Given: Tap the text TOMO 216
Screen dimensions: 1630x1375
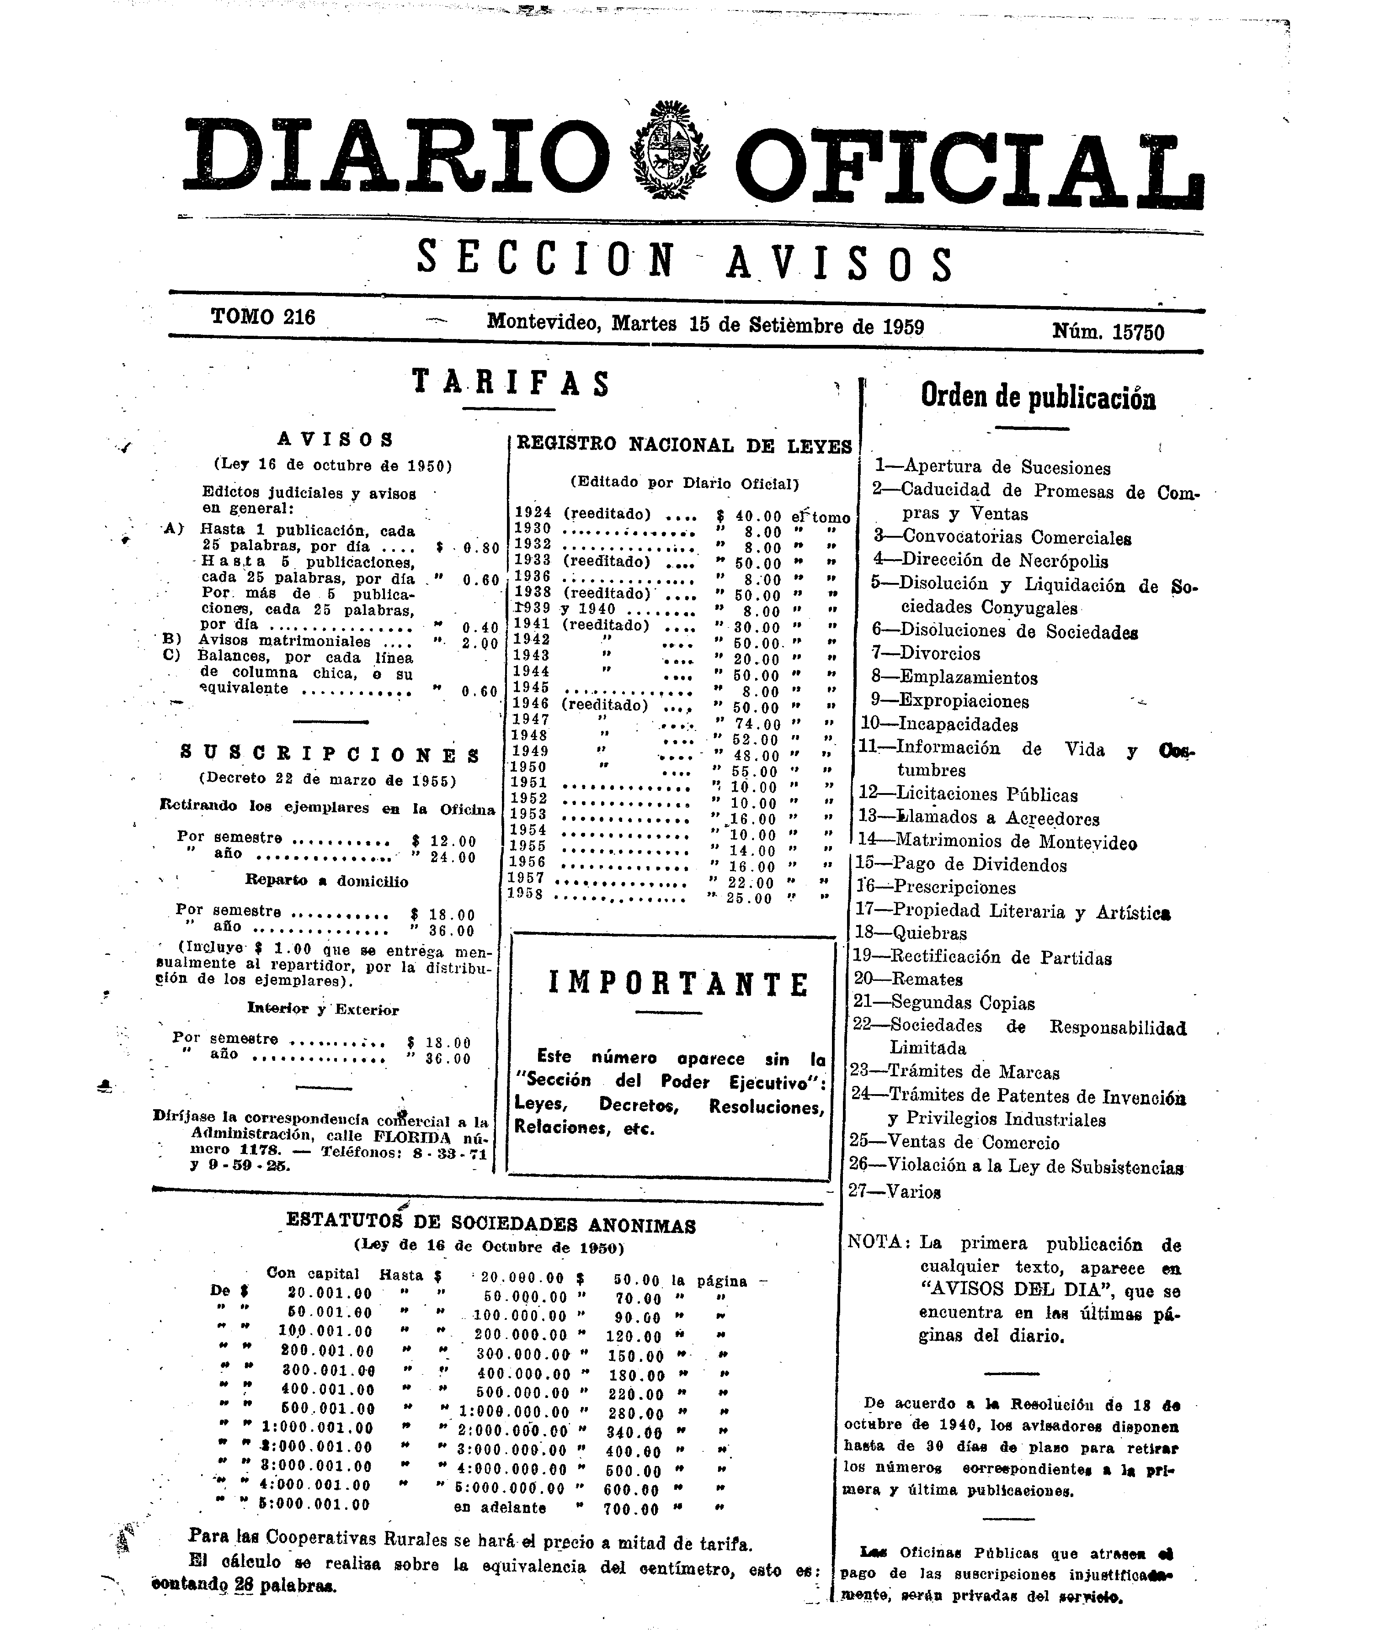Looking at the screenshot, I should (x=263, y=317).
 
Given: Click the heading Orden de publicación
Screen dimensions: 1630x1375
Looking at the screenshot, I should (x=1038, y=397).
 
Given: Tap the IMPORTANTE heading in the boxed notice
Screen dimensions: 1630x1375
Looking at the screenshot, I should (x=678, y=984).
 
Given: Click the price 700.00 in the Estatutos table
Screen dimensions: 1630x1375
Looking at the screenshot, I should (x=631, y=1509).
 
